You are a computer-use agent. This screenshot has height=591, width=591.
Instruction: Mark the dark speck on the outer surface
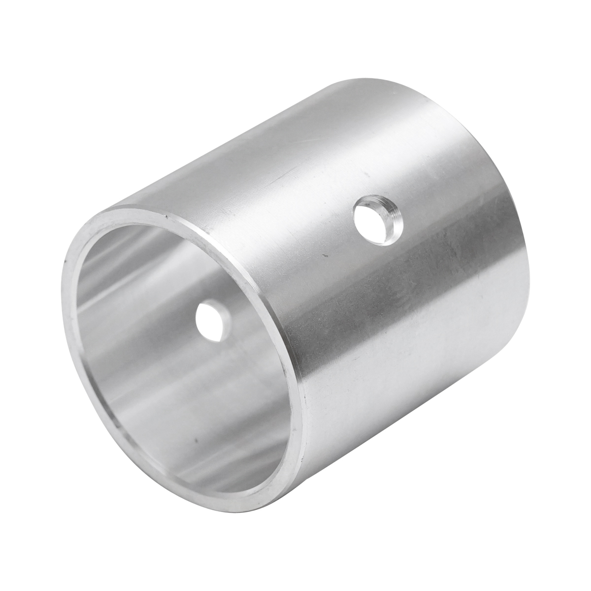(324, 256)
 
